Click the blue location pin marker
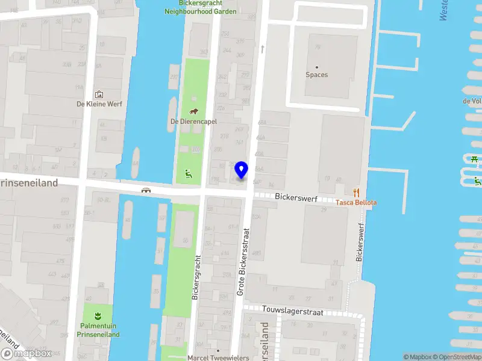[242, 170]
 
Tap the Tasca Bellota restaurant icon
[357, 193]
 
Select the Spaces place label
[317, 75]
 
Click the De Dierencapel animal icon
[194, 111]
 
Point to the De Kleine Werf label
[99, 104]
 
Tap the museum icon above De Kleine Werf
[99, 94]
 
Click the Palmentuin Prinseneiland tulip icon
[98, 315]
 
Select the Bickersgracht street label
[196, 277]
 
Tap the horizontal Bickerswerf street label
[295, 197]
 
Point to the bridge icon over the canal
[146, 190]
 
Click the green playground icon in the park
[188, 174]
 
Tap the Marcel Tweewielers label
[218, 357]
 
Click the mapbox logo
[27, 353]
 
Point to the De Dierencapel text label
[193, 121]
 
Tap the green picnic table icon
[475, 159]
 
